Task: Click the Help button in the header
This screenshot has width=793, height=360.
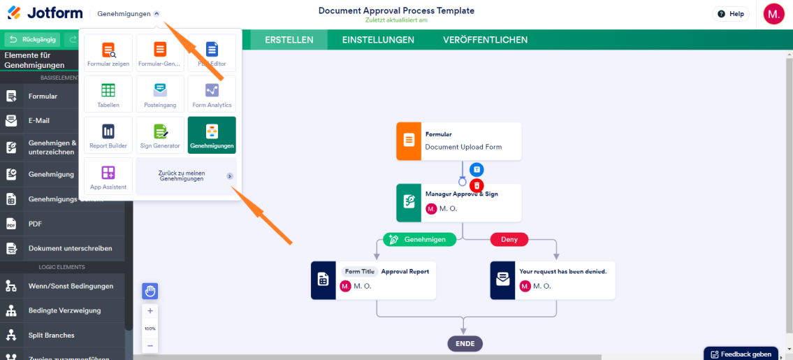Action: coord(731,14)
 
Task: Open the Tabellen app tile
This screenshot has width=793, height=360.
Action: coord(108,94)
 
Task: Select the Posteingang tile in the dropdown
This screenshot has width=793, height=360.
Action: coord(160,94)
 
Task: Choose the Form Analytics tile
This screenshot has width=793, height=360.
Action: coord(212,94)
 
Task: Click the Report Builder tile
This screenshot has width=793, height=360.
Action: coord(108,135)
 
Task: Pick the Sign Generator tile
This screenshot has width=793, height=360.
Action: coord(160,135)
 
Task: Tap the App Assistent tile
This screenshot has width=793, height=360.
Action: coord(108,176)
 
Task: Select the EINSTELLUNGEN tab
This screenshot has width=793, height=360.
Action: coord(378,40)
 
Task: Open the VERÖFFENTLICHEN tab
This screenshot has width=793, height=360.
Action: coord(485,40)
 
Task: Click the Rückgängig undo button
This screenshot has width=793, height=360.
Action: coord(32,40)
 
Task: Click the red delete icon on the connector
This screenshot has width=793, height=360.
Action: coord(476,185)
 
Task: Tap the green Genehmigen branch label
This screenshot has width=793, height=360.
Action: coord(419,239)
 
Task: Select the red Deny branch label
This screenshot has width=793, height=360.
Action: coord(509,239)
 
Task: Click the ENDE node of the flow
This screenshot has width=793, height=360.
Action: coord(465,343)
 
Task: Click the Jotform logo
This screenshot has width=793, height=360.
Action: coord(42,13)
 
